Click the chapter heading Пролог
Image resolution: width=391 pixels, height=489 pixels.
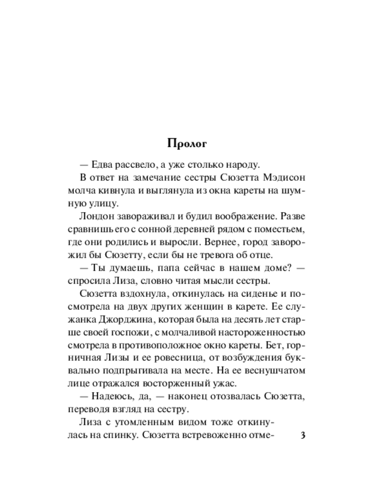point(188,144)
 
